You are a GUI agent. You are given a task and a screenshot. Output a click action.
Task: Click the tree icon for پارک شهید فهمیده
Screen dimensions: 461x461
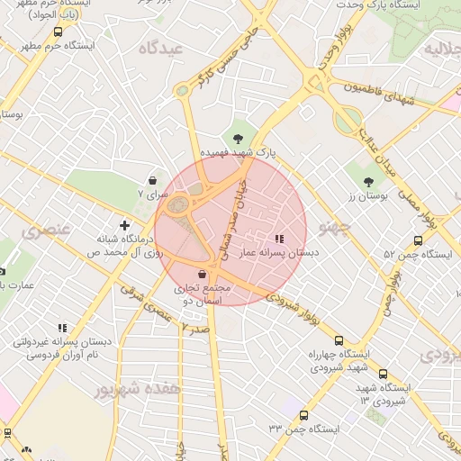pyautogui.click(x=237, y=138)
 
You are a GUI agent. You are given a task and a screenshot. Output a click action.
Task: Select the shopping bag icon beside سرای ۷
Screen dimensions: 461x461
pyautogui.click(x=152, y=180)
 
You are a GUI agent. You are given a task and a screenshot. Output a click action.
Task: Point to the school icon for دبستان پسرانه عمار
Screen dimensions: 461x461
pyautogui.click(x=278, y=239)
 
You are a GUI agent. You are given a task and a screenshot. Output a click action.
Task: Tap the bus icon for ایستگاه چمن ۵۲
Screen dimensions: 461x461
pyautogui.click(x=417, y=240)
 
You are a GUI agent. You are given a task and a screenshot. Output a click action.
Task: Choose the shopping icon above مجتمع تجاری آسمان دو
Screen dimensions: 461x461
pyautogui.click(x=201, y=273)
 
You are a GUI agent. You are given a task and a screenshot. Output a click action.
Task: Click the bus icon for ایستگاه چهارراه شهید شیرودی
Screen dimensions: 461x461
pyautogui.click(x=339, y=340)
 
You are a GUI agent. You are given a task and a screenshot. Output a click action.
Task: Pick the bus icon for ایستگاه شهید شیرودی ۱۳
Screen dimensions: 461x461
pyautogui.click(x=383, y=374)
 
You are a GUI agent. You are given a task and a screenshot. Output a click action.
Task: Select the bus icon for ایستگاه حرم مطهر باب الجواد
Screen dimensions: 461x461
pyautogui.click(x=59, y=31)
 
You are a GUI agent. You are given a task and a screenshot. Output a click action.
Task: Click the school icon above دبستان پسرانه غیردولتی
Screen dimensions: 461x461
pyautogui.click(x=61, y=329)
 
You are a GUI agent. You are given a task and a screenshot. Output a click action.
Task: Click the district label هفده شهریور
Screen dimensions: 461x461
pyautogui.click(x=131, y=389)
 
